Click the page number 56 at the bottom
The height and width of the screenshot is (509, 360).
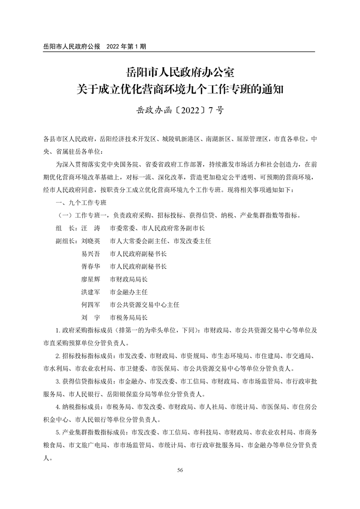(180, 470)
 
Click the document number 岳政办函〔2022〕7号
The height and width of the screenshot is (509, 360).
(180, 110)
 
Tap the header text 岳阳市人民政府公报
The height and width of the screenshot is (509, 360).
(71, 46)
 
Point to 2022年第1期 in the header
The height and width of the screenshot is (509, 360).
(126, 46)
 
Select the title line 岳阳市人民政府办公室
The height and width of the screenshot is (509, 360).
(180, 72)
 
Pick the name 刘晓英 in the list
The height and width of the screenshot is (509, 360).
(90, 241)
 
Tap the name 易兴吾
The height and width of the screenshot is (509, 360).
(90, 254)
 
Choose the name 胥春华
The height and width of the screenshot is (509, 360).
(90, 267)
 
